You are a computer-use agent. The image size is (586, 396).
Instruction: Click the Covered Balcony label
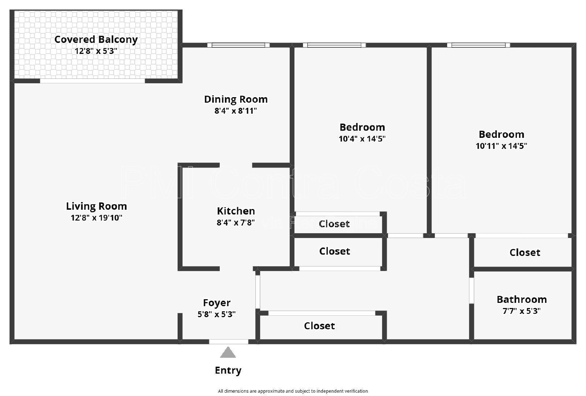click(96, 39)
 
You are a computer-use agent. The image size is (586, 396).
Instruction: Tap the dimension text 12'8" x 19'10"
click(96, 218)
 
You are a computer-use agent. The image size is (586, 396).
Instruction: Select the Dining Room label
click(235, 99)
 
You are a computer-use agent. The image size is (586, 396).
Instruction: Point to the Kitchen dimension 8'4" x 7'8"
click(235, 223)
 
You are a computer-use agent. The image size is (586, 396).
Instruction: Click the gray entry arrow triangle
click(228, 353)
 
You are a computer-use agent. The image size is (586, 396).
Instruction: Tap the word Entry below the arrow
click(228, 370)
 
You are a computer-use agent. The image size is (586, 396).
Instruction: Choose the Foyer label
click(216, 303)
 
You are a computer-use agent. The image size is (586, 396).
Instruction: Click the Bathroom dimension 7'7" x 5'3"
click(522, 311)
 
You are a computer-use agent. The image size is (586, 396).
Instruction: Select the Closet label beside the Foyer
click(319, 326)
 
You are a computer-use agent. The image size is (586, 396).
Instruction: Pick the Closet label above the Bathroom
click(524, 253)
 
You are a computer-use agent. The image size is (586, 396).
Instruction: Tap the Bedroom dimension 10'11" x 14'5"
click(501, 146)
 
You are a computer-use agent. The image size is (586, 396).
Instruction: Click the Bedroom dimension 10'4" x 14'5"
click(362, 139)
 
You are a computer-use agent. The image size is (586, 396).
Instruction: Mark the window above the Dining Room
click(238, 45)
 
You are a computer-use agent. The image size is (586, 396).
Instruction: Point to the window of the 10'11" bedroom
click(478, 45)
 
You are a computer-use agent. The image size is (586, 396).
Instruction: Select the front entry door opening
click(229, 342)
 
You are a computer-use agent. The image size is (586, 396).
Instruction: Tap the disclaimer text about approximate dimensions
click(293, 391)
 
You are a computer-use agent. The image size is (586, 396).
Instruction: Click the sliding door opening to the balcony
click(92, 81)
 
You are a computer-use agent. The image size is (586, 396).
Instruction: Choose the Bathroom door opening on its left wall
click(472, 291)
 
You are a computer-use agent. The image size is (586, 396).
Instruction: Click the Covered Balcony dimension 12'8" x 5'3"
click(96, 51)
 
